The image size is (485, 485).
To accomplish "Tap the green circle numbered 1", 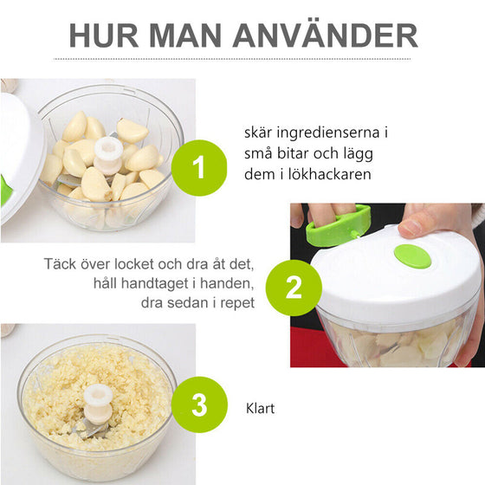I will point(200,167).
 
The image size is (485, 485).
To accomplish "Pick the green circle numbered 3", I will point(200,404).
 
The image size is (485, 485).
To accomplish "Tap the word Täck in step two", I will point(61,263).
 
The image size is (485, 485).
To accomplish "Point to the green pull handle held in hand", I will point(334,227).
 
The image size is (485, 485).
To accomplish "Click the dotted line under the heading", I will point(242,59).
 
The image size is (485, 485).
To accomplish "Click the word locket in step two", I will point(143,263).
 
